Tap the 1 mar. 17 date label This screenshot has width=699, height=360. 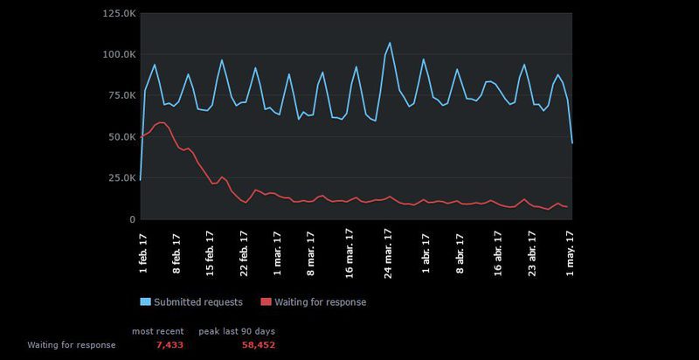coord(278,252)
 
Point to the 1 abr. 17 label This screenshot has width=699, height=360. coord(426,253)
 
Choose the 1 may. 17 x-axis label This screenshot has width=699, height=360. coord(571,252)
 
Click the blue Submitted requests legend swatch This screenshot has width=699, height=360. coord(145,302)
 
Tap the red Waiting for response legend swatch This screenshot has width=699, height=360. coord(266,302)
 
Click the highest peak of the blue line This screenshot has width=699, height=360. coord(390,43)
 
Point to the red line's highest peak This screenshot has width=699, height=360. coord(161,122)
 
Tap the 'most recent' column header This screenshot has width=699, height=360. coord(157,332)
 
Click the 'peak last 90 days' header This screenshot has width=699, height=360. coord(237,332)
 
